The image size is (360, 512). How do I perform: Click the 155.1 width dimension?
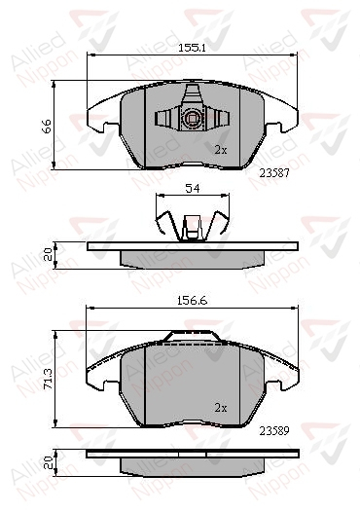point(192,48)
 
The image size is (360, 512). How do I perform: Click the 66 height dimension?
point(47,126)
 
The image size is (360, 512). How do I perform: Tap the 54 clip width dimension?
point(193,189)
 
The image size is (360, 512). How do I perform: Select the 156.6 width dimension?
point(193,301)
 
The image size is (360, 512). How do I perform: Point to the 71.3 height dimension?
point(48,379)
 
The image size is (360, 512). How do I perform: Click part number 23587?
point(274,172)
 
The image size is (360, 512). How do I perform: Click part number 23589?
point(274,431)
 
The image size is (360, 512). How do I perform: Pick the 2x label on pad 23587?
point(221,150)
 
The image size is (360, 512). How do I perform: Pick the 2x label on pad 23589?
point(221,408)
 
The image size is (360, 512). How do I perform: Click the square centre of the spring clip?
point(192,118)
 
